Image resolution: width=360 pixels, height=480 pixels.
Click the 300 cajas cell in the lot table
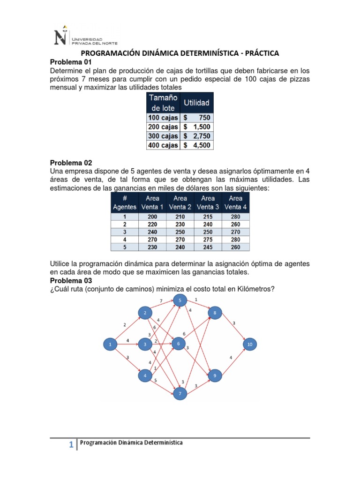click(x=163, y=136)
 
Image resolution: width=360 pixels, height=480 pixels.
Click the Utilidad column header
click(x=196, y=102)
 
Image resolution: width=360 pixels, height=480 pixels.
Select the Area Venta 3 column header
click(x=208, y=202)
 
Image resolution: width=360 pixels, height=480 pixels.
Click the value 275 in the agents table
click(x=208, y=240)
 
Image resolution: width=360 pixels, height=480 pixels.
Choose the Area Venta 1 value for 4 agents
click(x=152, y=240)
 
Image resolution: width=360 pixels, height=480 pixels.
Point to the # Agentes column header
click(x=125, y=202)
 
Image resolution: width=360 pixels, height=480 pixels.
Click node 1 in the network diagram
click(x=110, y=345)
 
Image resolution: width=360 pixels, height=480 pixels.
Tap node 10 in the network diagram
click(x=249, y=345)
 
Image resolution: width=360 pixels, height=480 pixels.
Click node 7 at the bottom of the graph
click(x=179, y=394)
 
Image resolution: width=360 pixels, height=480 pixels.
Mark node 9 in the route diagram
click(x=215, y=375)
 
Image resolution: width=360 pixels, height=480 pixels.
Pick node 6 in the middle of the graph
click(x=179, y=344)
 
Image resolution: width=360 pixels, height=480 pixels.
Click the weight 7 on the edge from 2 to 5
click(x=161, y=300)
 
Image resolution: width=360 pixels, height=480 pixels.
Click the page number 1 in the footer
click(x=71, y=446)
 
